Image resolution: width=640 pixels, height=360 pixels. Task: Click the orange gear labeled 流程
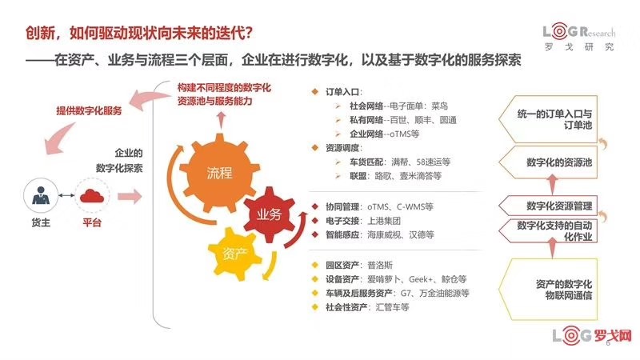click(x=219, y=173)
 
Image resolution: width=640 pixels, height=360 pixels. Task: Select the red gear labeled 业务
click(x=269, y=214)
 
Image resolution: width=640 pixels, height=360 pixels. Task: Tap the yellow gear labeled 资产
click(x=234, y=254)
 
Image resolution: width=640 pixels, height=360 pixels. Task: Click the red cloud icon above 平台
click(x=92, y=196)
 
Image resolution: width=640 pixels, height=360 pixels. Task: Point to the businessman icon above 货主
click(x=41, y=195)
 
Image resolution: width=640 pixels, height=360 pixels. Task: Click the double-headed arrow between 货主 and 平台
click(x=66, y=195)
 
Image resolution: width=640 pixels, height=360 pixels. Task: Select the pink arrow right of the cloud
click(x=130, y=197)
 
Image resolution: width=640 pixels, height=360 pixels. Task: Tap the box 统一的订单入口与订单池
click(x=548, y=119)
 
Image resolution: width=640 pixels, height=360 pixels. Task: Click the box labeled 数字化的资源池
click(x=548, y=162)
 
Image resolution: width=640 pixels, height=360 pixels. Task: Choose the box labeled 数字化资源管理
click(x=548, y=206)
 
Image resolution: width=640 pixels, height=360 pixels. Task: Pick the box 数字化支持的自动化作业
click(x=548, y=230)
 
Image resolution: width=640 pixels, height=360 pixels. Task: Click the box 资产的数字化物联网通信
click(x=548, y=289)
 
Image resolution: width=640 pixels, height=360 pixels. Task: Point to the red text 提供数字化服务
click(x=89, y=110)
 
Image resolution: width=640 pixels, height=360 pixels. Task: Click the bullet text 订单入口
click(x=343, y=92)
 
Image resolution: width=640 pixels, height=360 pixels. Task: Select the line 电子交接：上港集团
click(x=363, y=221)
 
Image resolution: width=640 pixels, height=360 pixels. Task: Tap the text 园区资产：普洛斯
click(x=358, y=266)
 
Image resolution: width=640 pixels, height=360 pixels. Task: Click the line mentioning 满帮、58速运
click(x=399, y=162)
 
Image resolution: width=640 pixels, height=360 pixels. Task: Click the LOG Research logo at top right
click(x=578, y=37)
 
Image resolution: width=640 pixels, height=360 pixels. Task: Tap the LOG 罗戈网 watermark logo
click(x=592, y=335)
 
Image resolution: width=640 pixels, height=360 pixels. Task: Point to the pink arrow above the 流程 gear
click(x=222, y=120)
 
